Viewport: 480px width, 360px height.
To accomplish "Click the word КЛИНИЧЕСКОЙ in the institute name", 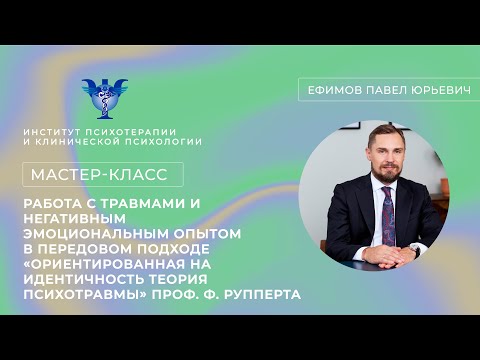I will [x=103, y=141].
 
